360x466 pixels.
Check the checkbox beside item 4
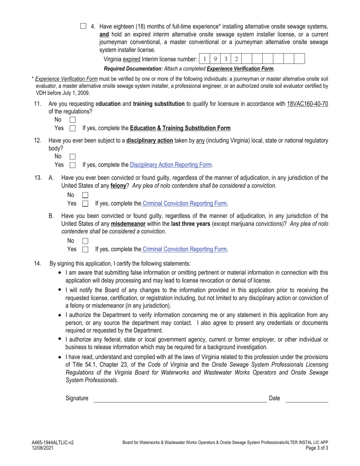[83, 26]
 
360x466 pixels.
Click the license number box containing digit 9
[215, 59]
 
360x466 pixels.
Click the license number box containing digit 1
[205, 59]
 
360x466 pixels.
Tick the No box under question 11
[72, 120]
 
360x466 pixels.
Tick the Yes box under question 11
[72, 128]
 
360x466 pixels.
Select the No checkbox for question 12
[72, 156]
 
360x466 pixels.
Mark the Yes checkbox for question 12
[72, 165]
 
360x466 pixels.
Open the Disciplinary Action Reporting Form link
[171, 165]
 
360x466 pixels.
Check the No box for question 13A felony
[85, 195]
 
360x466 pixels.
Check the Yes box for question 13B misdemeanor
[85, 249]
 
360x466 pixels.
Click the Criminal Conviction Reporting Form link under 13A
[184, 203]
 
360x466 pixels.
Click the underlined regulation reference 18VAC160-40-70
[307, 104]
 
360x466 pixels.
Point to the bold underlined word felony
[118, 186]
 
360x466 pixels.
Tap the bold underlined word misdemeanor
[128, 224]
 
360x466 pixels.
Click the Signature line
[180, 399]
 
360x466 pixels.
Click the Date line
[307, 399]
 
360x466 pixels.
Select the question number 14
[38, 263]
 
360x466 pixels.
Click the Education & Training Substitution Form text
[180, 128]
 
